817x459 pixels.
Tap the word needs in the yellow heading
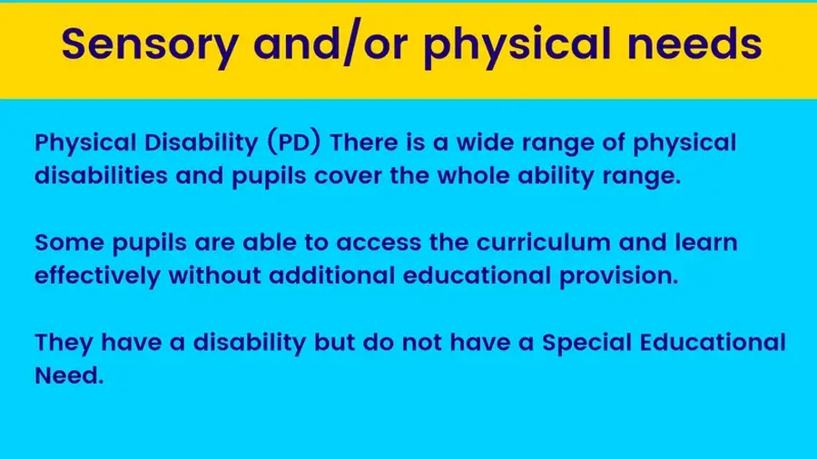694,43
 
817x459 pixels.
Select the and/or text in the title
330,44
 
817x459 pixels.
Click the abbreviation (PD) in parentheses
294,142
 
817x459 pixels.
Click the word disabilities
101,175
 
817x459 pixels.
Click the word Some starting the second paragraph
69,242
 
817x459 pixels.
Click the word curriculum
544,242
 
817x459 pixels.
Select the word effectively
97,276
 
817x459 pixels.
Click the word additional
332,275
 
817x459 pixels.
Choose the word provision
619,276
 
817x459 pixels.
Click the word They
64,342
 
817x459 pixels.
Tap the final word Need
69,376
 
